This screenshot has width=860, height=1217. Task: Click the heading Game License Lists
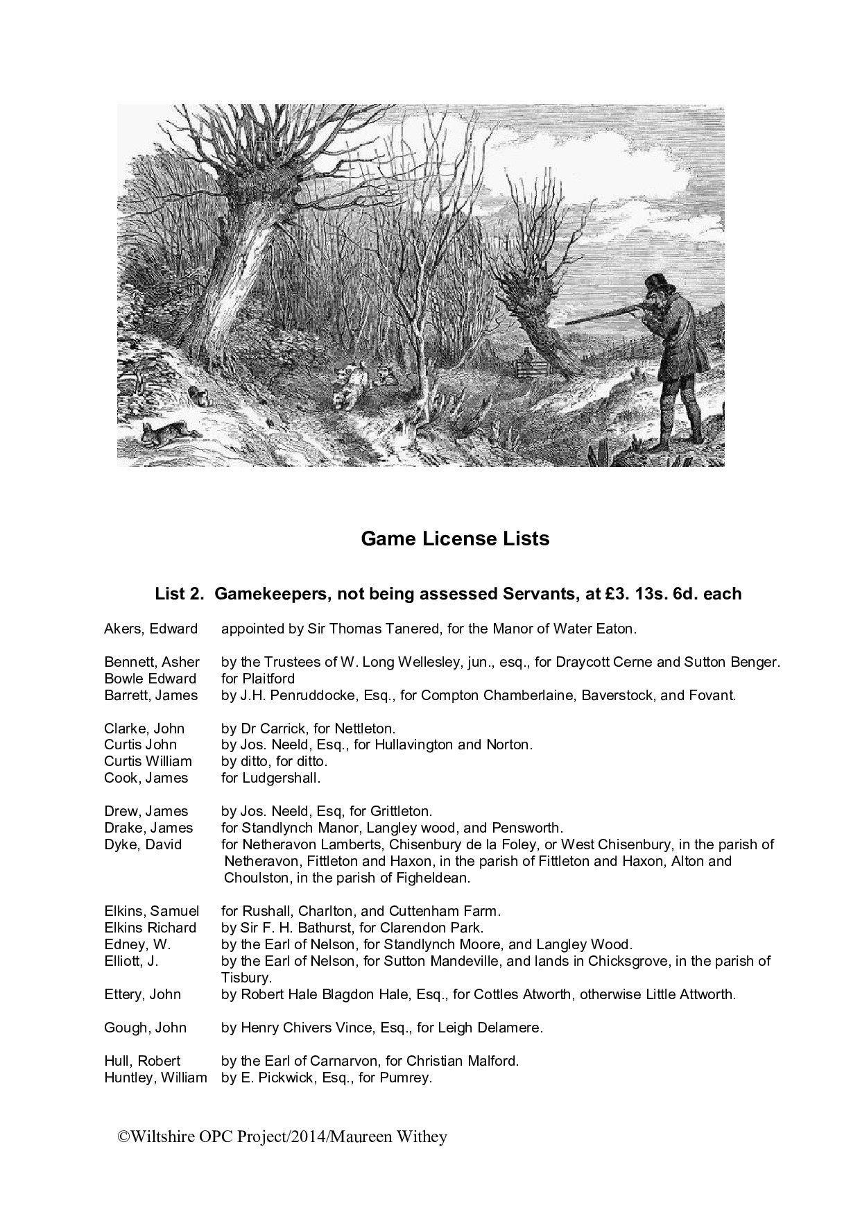tap(455, 539)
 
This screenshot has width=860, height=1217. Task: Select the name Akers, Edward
tap(150, 629)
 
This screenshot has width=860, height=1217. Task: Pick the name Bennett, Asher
tap(152, 662)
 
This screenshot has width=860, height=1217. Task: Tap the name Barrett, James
tap(150, 695)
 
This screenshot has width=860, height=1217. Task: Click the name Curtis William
tap(148, 761)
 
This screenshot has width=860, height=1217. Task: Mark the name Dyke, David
tap(143, 844)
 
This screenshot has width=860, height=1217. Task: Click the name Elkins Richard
tap(150, 928)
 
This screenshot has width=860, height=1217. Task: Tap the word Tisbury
tap(245, 978)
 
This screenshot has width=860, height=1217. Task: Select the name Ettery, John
tap(142, 994)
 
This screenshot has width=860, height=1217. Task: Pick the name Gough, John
tap(145, 1028)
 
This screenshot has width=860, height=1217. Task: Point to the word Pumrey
tap(408, 1078)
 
